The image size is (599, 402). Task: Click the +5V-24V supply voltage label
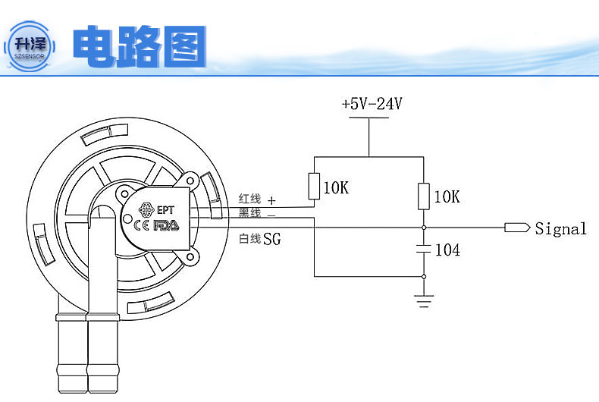(371, 105)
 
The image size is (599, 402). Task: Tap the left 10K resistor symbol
(315, 187)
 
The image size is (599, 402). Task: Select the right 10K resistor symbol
(424, 196)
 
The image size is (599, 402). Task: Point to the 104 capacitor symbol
(424, 249)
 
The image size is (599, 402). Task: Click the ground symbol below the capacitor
(424, 302)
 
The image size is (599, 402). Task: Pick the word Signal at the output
(560, 228)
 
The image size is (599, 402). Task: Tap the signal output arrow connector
(516, 227)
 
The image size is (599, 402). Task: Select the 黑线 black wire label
(249, 213)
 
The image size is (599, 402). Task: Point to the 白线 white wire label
(249, 239)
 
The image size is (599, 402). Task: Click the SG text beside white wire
(271, 240)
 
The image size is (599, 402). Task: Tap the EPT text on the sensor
(166, 210)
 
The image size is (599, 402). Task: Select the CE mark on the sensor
(141, 225)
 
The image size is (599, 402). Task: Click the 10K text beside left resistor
(335, 187)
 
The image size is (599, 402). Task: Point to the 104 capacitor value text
(447, 250)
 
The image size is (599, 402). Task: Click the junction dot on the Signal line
(424, 227)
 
